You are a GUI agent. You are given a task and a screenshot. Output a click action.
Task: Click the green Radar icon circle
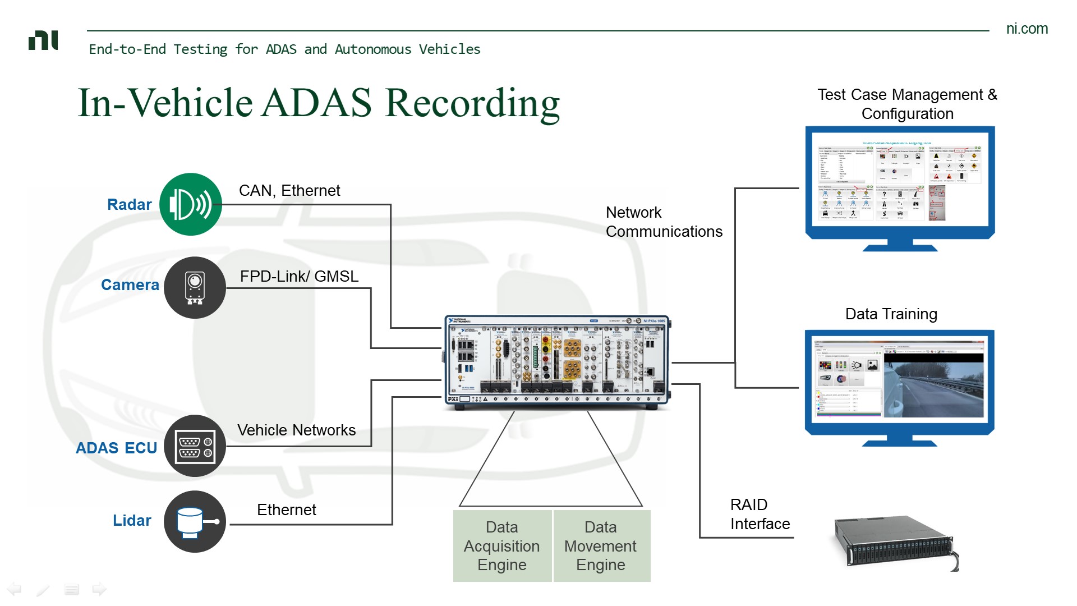191,204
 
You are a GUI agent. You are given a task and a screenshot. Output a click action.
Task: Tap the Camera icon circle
195,288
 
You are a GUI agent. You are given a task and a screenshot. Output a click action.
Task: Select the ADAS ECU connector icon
195,446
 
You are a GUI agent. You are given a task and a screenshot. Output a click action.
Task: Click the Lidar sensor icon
195,522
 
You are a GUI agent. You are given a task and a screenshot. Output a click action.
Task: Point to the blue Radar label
129,205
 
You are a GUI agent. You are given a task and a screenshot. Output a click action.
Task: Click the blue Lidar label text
132,521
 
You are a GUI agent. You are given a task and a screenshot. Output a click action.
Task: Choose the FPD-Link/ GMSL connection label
299,277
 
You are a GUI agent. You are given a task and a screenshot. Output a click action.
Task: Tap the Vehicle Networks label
296,430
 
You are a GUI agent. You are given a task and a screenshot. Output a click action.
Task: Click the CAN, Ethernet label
289,191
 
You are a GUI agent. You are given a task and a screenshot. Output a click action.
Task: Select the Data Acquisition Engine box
502,546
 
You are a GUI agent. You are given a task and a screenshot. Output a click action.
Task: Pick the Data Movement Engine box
601,546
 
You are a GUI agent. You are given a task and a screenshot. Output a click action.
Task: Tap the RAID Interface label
760,515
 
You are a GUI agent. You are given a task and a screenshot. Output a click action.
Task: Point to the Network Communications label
664,222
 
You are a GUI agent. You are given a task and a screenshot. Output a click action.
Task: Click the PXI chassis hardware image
558,362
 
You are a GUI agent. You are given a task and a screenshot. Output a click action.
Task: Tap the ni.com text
1027,29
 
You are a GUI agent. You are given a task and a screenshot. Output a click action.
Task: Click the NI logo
43,41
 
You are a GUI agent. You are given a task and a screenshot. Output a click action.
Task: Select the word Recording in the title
472,103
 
